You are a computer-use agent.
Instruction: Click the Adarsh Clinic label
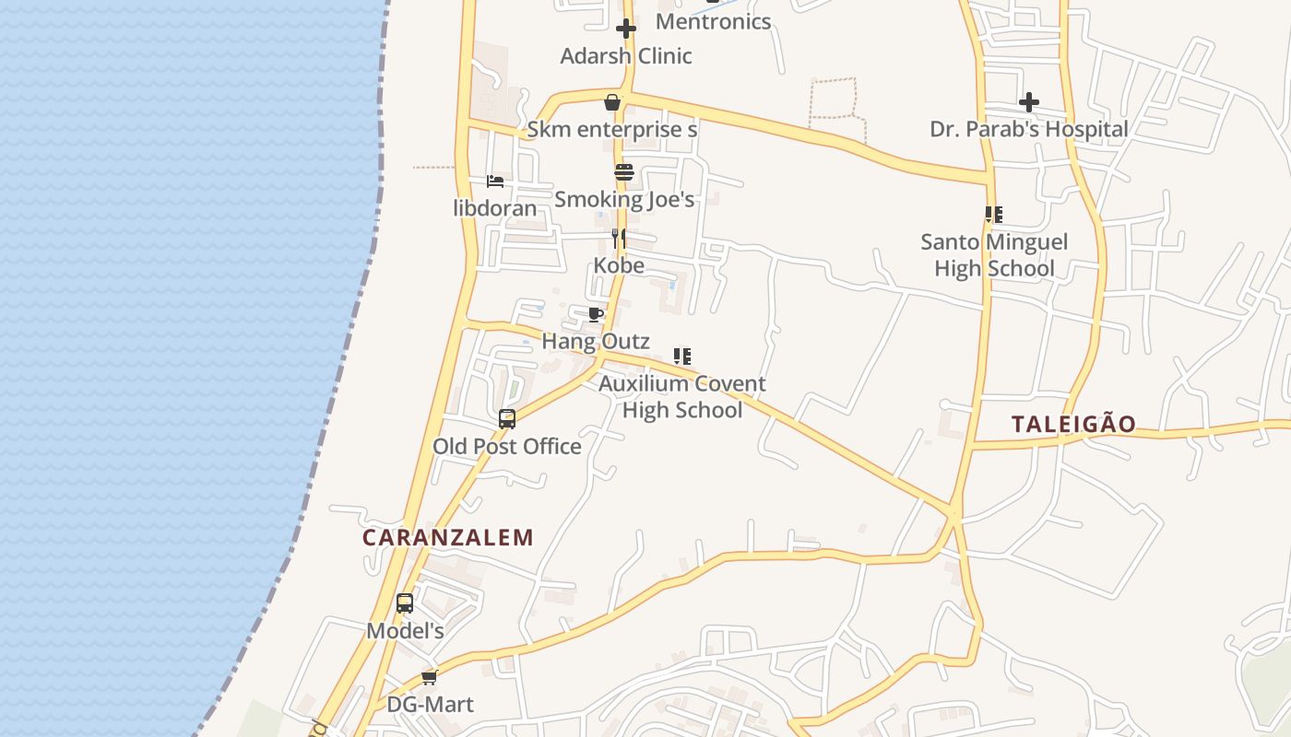(626, 56)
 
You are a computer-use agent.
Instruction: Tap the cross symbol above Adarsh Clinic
(626, 29)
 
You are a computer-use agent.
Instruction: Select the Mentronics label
(713, 21)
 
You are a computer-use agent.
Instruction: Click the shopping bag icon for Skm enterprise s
(611, 102)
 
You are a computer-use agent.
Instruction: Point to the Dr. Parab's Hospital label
(1028, 129)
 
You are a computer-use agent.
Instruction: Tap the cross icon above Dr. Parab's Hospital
(1029, 101)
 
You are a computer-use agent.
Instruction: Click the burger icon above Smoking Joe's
(624, 172)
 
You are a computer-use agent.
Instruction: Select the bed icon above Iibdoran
(495, 181)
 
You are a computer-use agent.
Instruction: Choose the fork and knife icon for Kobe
(619, 239)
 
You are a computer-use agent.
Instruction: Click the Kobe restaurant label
(619, 265)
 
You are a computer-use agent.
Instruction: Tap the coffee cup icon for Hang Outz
(596, 314)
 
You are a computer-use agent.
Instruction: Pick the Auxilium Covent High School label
(682, 396)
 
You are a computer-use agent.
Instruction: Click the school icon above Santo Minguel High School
(993, 215)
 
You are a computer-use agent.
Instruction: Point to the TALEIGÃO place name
(1073, 425)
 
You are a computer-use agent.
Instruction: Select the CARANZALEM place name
(448, 537)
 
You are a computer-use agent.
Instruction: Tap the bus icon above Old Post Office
(507, 419)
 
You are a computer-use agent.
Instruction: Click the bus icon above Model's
(405, 603)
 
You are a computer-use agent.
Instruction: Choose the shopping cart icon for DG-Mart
(429, 678)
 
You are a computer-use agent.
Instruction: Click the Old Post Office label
(507, 447)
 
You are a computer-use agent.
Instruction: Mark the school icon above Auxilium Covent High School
(682, 357)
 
